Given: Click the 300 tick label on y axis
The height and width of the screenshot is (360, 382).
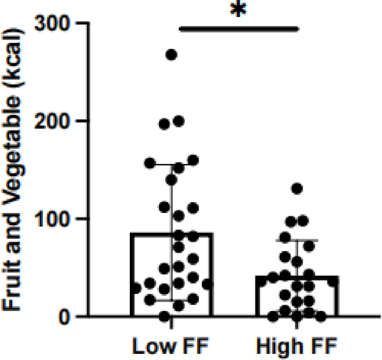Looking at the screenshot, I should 56,24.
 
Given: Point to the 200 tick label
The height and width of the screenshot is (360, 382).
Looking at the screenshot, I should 56,121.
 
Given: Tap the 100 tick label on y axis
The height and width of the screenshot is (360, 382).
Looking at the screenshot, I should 56,219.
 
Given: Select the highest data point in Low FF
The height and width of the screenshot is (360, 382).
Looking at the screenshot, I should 172,55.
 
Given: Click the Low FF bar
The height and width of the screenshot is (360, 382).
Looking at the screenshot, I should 172,286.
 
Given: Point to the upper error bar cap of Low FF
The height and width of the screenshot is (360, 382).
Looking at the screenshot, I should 172,165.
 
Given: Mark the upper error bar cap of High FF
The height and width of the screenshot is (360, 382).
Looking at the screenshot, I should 297,240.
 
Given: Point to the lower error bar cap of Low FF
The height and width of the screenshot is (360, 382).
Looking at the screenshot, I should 172,300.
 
